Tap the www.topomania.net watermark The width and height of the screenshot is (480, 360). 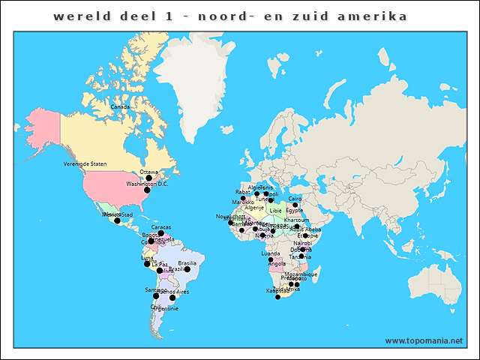pyautogui.click(x=424, y=340)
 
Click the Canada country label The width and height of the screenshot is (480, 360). pyautogui.click(x=120, y=106)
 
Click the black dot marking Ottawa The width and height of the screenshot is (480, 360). pyautogui.click(x=148, y=178)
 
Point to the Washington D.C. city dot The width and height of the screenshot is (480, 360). pyautogui.click(x=147, y=190)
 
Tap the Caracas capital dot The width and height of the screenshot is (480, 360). pyautogui.click(x=160, y=233)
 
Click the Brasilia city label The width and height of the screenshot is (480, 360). pyautogui.click(x=187, y=263)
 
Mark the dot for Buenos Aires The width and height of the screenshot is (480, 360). pyautogui.click(x=172, y=298)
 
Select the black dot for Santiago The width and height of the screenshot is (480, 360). pyautogui.click(x=156, y=296)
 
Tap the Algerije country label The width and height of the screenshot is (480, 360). pyautogui.click(x=256, y=208)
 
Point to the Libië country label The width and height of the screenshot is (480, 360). pyautogui.click(x=276, y=211)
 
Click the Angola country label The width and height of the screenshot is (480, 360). pyautogui.click(x=277, y=264)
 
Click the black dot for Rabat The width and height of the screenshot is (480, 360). pyautogui.click(x=242, y=199)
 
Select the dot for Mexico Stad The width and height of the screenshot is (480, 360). pyautogui.click(x=117, y=220)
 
